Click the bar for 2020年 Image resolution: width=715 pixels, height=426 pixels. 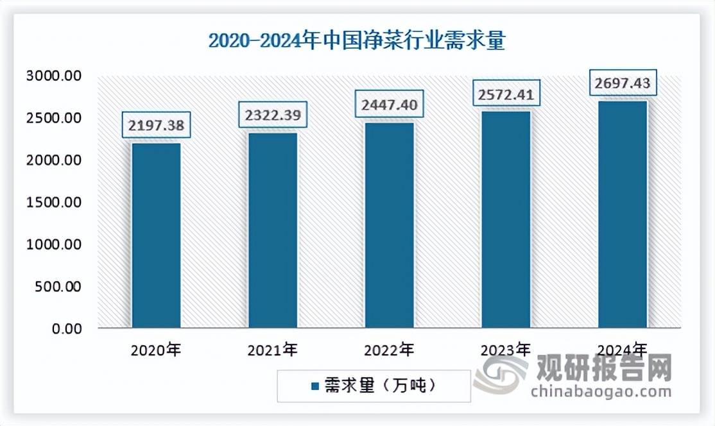[156, 235]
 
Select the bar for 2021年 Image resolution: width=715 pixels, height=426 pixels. [273, 231]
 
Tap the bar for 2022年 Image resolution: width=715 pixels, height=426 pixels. [390, 226]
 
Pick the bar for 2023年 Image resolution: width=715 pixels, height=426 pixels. [506, 221]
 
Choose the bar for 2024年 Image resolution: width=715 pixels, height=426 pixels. [623, 216]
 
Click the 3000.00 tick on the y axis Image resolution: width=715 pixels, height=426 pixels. [54, 76]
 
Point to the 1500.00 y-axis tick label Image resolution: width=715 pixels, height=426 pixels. [54, 202]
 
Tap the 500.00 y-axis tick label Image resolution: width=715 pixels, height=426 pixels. [58, 286]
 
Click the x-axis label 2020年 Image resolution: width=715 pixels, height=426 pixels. [156, 350]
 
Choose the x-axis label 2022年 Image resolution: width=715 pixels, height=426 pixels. [390, 350]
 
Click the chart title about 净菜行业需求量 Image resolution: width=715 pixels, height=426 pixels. [357, 41]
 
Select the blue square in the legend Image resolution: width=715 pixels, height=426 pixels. [314, 387]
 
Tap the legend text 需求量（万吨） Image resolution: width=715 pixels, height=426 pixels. [379, 386]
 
